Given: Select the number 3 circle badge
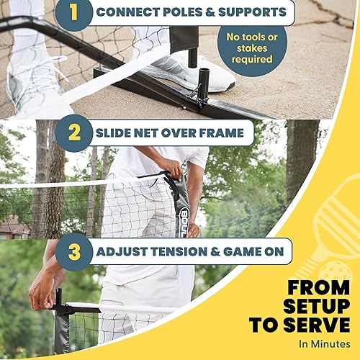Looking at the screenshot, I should click(74, 253).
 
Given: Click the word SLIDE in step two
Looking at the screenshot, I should click(116, 132).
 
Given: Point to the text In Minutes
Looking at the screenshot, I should click(325, 343).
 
